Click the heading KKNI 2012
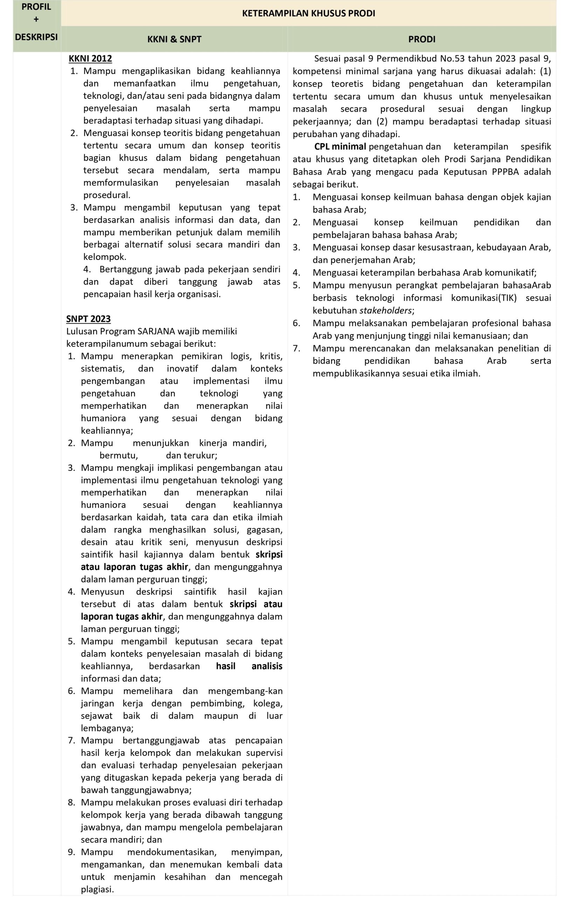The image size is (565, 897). tap(90, 59)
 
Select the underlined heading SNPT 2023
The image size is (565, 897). tap(88, 319)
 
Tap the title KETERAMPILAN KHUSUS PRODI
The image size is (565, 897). tap(308, 13)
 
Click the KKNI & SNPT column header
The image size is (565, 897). tap(174, 39)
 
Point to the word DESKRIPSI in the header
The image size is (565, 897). tap(36, 37)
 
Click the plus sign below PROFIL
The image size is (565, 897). tap(36, 19)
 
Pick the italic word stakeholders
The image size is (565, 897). tap(386, 310)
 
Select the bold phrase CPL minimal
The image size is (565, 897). tap(340, 146)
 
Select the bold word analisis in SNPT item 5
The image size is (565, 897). tap(267, 666)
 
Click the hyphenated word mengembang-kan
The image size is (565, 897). tap(245, 691)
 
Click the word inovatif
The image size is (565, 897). tap(182, 368)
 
